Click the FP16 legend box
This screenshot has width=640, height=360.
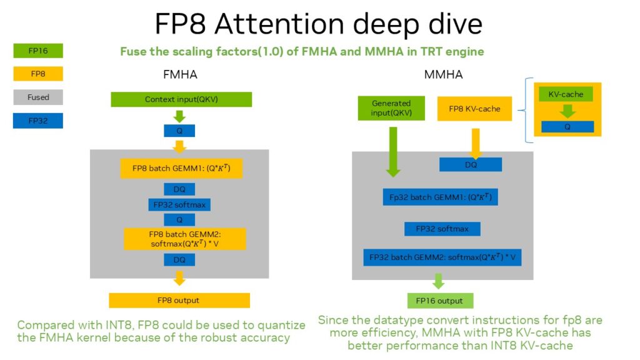coord(38,51)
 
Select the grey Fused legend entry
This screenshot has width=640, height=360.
coord(38,97)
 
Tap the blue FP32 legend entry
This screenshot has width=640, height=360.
coord(38,121)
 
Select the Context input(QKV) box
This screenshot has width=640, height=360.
coord(181,99)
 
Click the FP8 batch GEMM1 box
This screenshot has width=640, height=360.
coord(181,168)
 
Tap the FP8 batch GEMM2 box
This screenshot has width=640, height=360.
coord(185,239)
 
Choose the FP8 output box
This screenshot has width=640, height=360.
coord(179,300)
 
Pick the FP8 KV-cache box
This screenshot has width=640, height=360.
coord(475,109)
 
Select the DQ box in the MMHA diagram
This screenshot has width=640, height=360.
coord(470,164)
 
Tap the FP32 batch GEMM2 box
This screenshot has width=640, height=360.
coord(442,257)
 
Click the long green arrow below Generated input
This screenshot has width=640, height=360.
coord(392,150)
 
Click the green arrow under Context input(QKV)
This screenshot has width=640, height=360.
coord(179,116)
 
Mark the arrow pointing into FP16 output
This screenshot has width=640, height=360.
coord(438,281)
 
